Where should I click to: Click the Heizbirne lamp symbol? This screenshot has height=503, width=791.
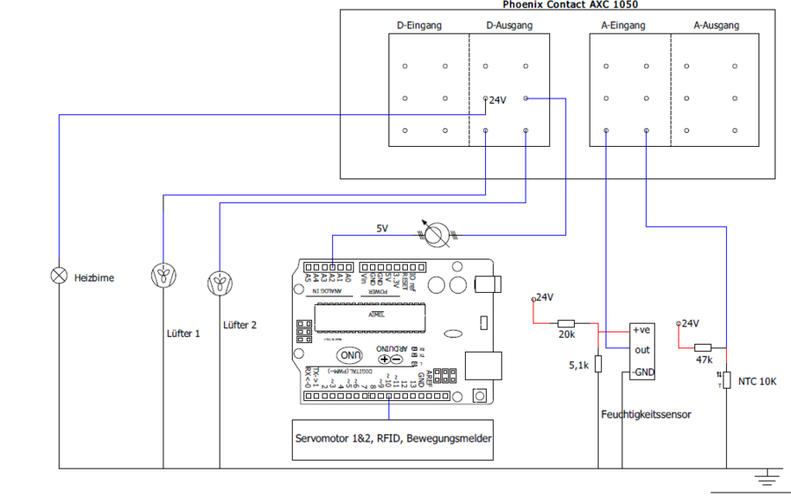tap(59, 276)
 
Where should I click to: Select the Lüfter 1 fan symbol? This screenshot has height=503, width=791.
tap(163, 276)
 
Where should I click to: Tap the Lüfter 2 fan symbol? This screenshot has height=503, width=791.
tap(219, 283)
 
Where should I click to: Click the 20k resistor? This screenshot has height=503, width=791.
tap(566, 324)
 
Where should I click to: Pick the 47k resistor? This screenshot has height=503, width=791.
tap(703, 346)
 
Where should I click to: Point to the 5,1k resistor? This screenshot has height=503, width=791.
tap(598, 364)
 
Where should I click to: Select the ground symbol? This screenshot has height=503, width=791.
tap(768, 477)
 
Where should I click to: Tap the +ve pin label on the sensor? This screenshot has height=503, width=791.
tap(642, 331)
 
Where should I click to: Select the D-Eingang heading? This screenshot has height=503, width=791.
tap(419, 26)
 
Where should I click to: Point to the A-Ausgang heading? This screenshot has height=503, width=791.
tap(716, 26)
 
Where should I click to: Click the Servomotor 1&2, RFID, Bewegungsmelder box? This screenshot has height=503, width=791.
tap(393, 438)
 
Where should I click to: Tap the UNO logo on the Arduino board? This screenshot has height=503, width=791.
tap(351, 355)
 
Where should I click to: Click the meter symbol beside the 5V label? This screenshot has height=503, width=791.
tap(436, 233)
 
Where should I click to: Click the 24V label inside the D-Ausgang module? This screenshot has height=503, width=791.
tap(497, 100)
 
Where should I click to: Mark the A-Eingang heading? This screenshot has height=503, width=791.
tap(623, 26)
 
